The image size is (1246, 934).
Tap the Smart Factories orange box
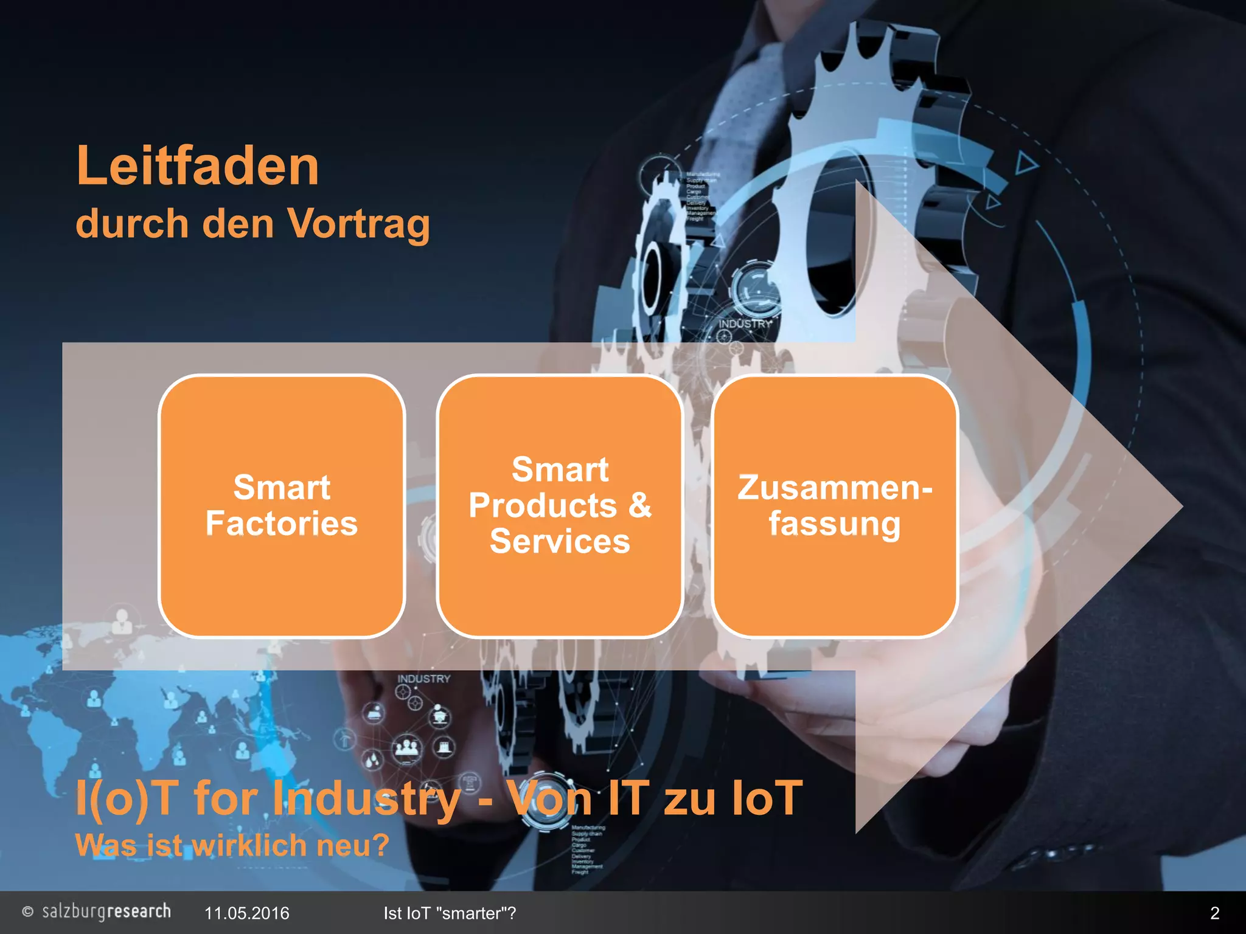[x=281, y=506]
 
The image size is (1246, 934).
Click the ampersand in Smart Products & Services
[x=639, y=505]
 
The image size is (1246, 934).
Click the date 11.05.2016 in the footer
[x=246, y=913]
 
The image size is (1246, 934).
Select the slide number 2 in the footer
[x=1214, y=913]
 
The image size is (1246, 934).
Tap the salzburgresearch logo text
[x=106, y=912]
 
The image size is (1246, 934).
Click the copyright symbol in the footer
[x=27, y=912]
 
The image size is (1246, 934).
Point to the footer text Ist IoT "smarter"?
[x=450, y=913]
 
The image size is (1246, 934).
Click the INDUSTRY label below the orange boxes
[x=424, y=679]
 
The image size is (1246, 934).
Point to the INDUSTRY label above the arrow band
[x=745, y=323]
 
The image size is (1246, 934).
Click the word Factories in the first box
[x=281, y=524]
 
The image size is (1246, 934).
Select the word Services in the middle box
[x=560, y=541]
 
